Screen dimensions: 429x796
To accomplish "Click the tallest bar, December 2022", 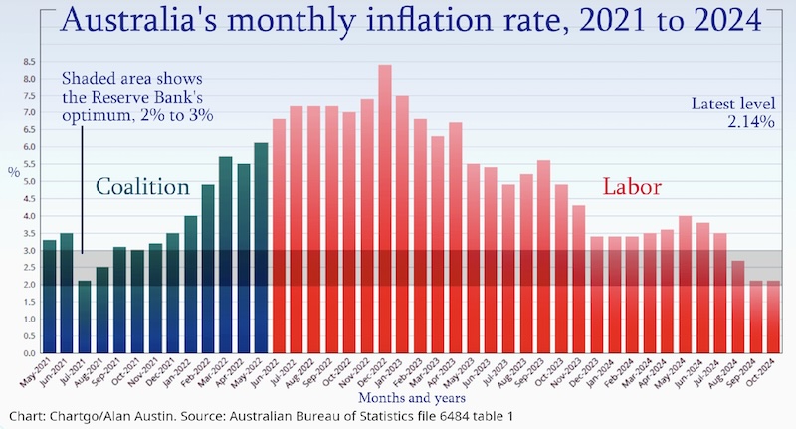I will [385, 209].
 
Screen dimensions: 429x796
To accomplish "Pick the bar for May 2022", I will [261, 249].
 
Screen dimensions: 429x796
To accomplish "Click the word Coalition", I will [142, 187].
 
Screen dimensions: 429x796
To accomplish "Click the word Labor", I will [633, 187].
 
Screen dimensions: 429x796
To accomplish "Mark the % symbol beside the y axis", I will [14, 171].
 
